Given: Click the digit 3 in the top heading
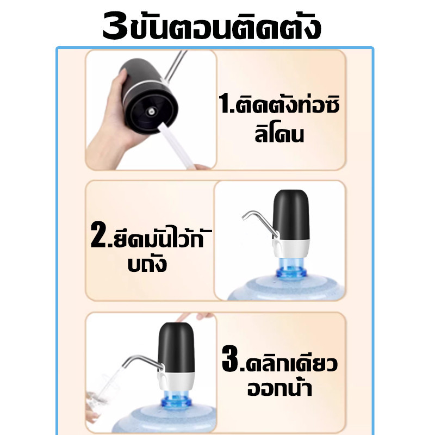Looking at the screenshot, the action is tap(115, 26).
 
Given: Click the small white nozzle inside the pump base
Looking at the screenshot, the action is tap(152, 112).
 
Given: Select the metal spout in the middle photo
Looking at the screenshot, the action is tap(259, 222).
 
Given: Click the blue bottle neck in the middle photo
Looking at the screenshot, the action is tap(291, 268).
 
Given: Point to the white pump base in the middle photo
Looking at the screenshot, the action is tap(291, 249).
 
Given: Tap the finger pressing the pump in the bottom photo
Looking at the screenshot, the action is tap(194, 317).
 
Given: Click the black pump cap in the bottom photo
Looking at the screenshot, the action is tap(176, 347).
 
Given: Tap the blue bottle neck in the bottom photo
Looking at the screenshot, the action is tap(176, 400).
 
